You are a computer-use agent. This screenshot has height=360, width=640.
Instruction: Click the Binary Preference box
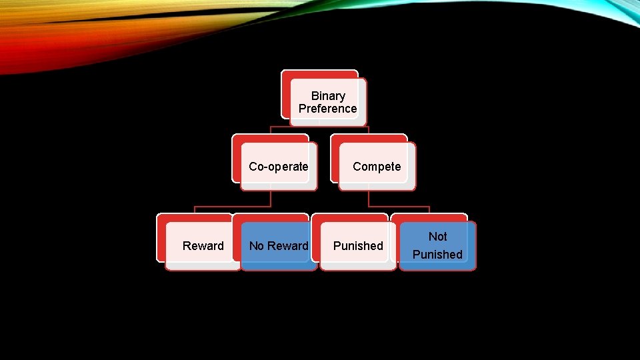(x=327, y=102)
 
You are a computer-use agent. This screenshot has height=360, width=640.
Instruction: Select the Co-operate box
(x=278, y=166)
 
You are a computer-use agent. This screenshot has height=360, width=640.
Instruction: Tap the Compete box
(x=377, y=166)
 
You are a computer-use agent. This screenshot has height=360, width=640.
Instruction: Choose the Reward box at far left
(x=203, y=245)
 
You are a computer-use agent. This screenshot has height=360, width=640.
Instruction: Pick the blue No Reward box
(x=279, y=245)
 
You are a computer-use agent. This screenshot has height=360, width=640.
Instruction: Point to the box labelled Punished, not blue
(x=358, y=245)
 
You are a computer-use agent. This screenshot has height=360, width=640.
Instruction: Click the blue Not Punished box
(x=437, y=245)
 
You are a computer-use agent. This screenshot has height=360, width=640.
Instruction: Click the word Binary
(x=328, y=96)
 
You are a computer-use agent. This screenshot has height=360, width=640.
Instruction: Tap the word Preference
(x=327, y=109)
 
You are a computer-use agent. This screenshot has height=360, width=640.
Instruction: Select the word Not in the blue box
(x=438, y=237)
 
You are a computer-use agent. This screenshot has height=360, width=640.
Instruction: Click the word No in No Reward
(x=257, y=246)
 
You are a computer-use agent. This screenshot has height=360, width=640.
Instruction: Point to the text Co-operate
(x=278, y=167)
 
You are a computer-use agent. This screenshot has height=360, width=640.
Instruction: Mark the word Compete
(x=377, y=167)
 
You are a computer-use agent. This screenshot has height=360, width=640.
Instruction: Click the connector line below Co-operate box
(x=271, y=199)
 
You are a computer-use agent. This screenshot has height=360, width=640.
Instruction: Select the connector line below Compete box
(x=369, y=199)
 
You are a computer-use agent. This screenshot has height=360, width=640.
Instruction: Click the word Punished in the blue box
(x=437, y=255)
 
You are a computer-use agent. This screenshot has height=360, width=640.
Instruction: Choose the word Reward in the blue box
(x=289, y=246)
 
